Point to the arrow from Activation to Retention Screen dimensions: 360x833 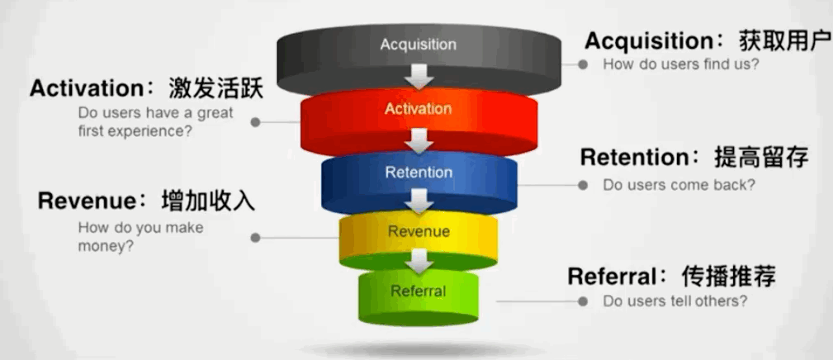pyautogui.click(x=419, y=141)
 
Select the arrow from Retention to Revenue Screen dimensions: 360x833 pyautogui.click(x=419, y=201)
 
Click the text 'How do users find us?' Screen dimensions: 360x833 pyautogui.click(x=680, y=64)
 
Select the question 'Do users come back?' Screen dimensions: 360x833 pyautogui.click(x=679, y=185)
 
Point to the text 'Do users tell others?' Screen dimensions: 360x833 pyautogui.click(x=675, y=301)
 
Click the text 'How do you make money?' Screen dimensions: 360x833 pyautogui.click(x=140, y=236)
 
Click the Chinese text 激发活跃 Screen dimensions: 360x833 pyautogui.click(x=215, y=88)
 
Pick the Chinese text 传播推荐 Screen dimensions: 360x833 pyautogui.click(x=729, y=276)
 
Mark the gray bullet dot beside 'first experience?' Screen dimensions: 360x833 pyautogui.click(x=256, y=122)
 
